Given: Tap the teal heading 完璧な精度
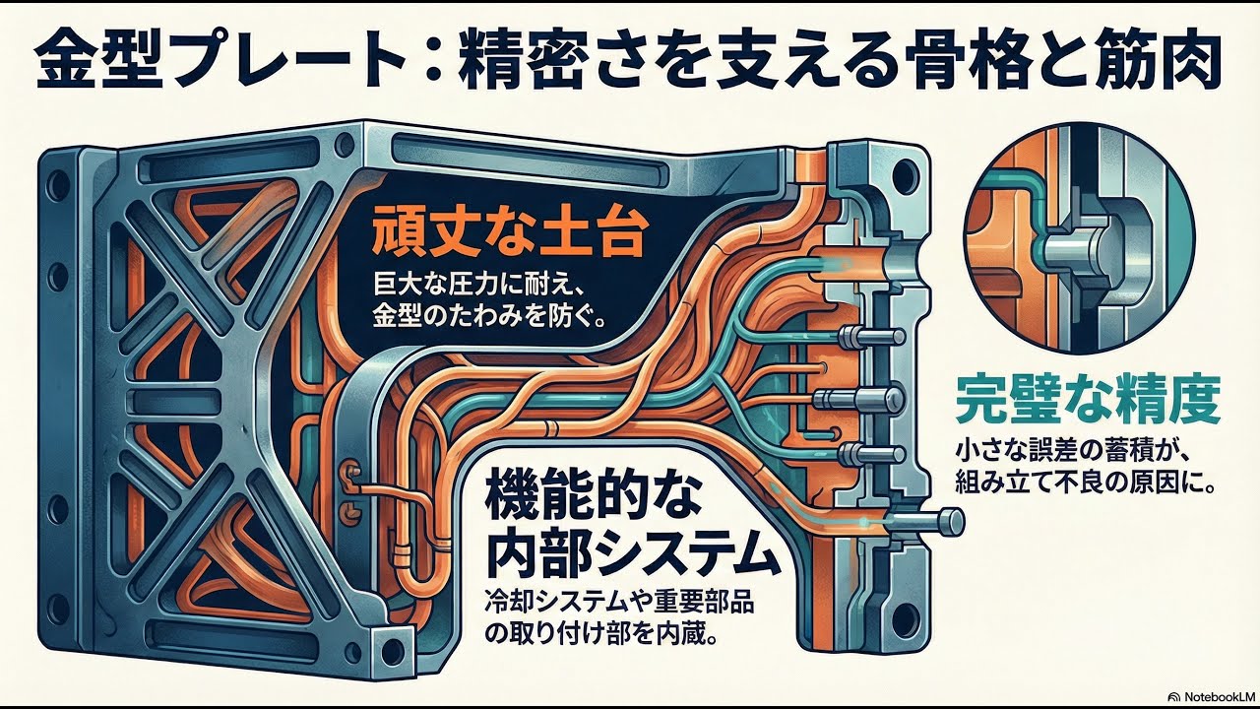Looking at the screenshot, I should click(1088, 400).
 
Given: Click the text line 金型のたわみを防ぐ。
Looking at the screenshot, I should click(489, 320).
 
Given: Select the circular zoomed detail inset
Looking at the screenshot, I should click(1078, 237).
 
